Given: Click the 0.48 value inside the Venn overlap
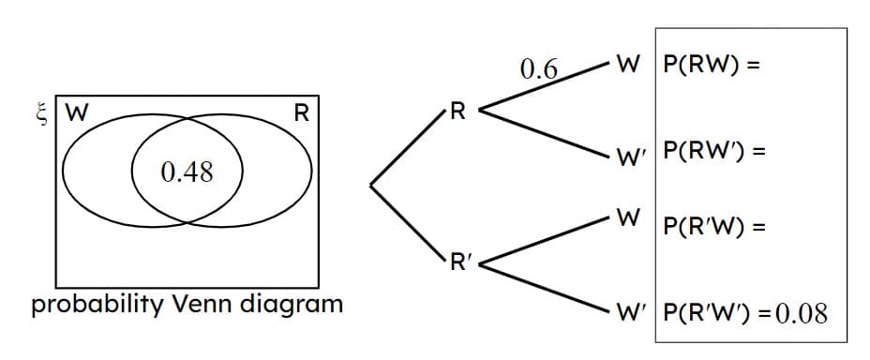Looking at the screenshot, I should pos(187,172).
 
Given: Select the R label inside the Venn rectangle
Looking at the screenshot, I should pos(301,114).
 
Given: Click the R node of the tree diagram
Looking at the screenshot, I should pos(457,113).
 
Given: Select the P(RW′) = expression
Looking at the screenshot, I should pos(712,150).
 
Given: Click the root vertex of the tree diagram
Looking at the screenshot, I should pos(371,186).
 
